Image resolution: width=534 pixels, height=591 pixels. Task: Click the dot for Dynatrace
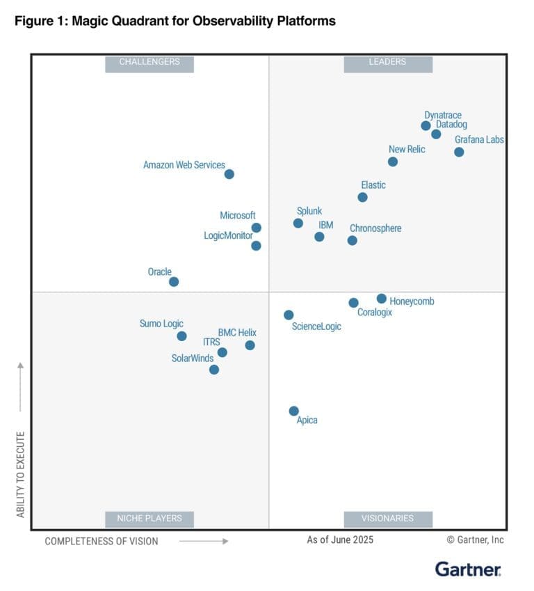click(426, 126)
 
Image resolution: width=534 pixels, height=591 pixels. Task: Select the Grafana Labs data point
click(459, 152)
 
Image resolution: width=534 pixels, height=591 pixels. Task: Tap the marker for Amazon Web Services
click(229, 174)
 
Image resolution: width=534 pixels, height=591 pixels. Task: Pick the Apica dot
click(294, 411)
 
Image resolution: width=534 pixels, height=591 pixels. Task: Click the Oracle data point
click(174, 282)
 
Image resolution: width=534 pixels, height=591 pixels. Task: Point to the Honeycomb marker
click(382, 299)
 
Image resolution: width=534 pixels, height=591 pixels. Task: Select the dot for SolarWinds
click(214, 370)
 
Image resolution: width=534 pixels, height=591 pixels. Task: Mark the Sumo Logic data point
click(181, 336)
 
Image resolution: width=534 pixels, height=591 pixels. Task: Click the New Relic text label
click(407, 149)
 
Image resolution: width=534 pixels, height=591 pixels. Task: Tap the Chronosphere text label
click(375, 228)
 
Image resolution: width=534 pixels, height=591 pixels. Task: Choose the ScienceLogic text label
click(316, 326)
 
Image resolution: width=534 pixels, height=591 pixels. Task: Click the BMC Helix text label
click(237, 333)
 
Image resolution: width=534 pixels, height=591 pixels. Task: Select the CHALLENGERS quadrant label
click(149, 62)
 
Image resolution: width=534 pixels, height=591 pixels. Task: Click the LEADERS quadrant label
click(387, 62)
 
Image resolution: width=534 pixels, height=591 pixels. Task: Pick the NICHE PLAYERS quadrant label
click(149, 518)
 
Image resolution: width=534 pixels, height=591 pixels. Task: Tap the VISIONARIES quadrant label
click(387, 518)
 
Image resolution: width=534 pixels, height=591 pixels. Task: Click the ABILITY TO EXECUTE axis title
click(20, 474)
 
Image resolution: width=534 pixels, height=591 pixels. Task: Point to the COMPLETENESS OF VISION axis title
click(102, 541)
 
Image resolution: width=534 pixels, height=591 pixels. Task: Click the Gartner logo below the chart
click(468, 569)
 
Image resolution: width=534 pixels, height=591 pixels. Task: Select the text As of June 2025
click(340, 539)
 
